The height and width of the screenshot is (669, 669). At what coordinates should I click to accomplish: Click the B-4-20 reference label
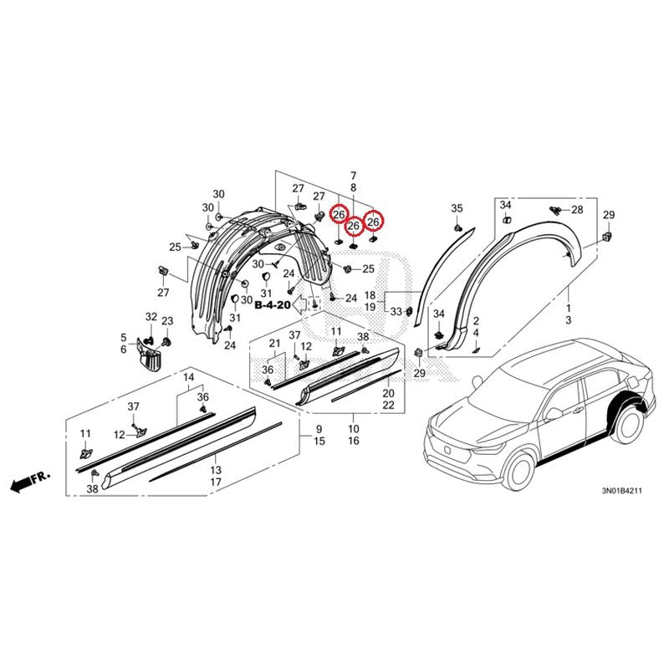(273, 305)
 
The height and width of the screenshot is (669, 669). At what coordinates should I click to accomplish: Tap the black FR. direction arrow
(21, 484)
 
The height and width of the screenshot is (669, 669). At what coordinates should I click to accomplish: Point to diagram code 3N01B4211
(621, 491)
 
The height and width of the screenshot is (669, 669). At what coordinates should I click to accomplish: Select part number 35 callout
(457, 208)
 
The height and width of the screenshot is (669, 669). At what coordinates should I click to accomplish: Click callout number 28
(577, 210)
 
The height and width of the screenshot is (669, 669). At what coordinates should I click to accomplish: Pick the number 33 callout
(396, 312)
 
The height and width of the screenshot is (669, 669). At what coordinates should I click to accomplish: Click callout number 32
(151, 317)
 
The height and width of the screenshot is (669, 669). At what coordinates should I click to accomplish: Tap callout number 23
(167, 321)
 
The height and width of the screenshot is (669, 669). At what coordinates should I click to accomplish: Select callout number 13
(216, 470)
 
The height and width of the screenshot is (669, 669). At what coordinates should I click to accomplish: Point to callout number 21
(275, 343)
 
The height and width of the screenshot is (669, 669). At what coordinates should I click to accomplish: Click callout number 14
(189, 377)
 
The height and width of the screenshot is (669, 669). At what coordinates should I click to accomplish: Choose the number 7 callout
(353, 176)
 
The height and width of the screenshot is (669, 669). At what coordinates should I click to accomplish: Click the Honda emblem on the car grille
(447, 449)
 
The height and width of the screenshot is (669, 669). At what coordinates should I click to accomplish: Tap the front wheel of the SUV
(518, 471)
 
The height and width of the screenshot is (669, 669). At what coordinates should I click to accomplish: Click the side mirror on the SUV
(553, 413)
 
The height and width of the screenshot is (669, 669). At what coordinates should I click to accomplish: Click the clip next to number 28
(555, 210)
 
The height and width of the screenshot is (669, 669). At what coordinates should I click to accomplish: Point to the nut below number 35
(457, 228)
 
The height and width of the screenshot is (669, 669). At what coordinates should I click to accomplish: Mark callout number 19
(370, 307)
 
